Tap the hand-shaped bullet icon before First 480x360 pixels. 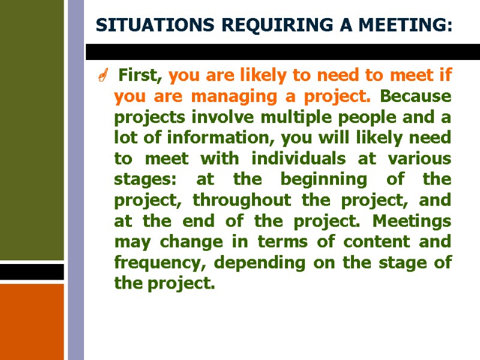(x=103, y=76)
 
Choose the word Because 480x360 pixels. (x=416, y=96)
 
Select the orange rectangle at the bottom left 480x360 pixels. (x=31, y=321)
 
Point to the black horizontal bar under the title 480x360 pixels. (x=282, y=52)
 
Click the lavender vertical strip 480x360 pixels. (x=76, y=180)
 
